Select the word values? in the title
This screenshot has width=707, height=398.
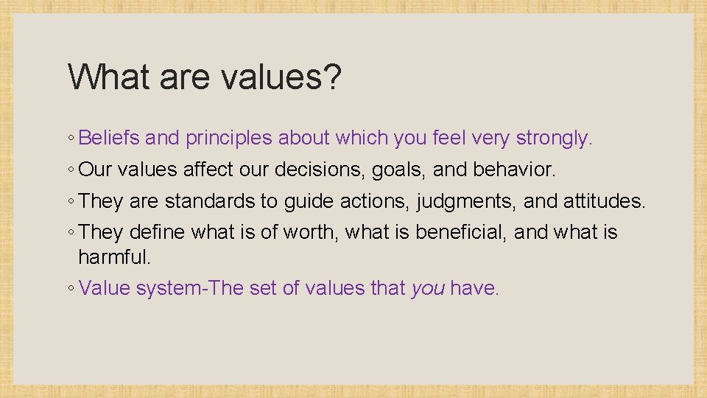coord(283,77)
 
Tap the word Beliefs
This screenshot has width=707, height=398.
coord(110,138)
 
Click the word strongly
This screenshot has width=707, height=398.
coord(554,138)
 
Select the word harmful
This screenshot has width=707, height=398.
coord(114,257)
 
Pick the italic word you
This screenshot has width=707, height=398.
coord(428,289)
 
